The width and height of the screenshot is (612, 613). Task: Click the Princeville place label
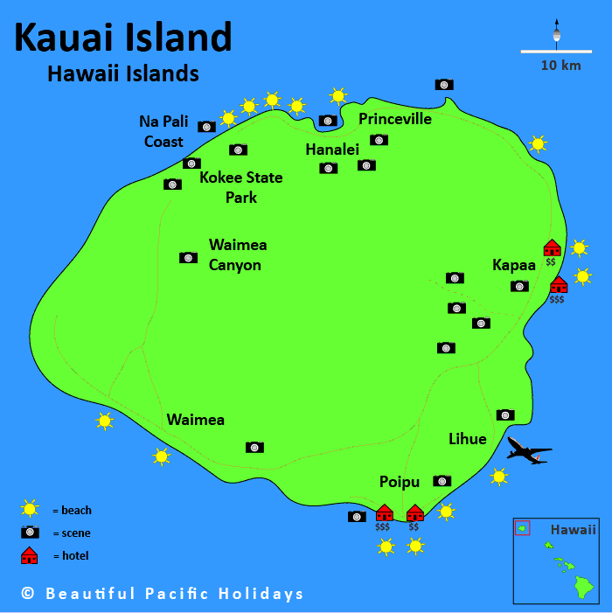tap(395, 119)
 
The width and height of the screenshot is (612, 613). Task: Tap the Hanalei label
tap(332, 150)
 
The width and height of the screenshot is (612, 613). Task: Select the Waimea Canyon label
tap(237, 254)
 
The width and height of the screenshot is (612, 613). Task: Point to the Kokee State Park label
tap(241, 187)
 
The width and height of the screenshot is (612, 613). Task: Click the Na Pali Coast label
tap(163, 131)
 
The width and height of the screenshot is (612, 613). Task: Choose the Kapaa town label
tap(514, 264)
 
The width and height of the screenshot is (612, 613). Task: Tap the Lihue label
tap(467, 439)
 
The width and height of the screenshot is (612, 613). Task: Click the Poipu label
tap(400, 482)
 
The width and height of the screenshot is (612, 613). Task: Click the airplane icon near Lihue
tap(529, 450)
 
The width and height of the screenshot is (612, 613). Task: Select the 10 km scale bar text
tap(560, 66)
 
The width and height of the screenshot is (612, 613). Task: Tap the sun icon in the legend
tap(31, 509)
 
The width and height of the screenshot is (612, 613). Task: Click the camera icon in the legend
tap(31, 532)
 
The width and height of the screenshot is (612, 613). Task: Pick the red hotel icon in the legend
tap(30, 555)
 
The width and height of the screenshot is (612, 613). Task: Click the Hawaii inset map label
tap(573, 530)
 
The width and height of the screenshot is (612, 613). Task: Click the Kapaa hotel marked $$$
tap(558, 284)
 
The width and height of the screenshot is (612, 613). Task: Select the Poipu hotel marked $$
tap(414, 512)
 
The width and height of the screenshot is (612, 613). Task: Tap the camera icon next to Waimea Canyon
tap(188, 257)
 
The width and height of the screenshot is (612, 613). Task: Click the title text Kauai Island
tap(123, 37)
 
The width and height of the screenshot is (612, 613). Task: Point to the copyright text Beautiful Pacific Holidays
tap(163, 594)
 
